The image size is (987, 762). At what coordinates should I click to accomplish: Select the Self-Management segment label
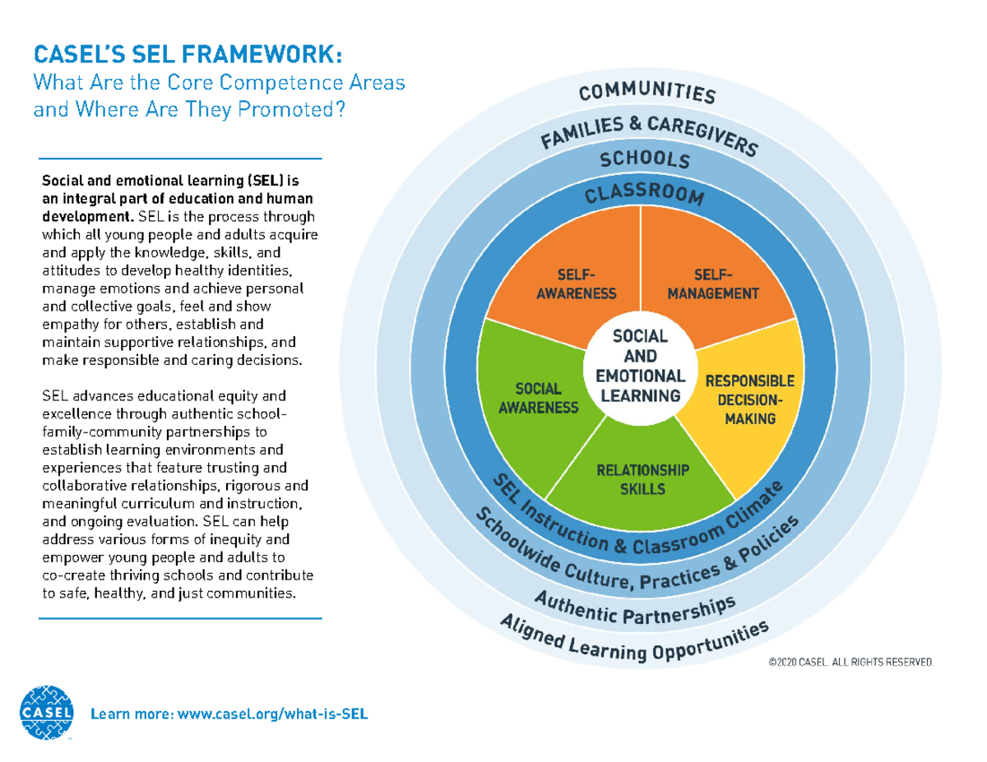pos(712,284)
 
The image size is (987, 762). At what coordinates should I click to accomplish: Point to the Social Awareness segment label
pos(539,397)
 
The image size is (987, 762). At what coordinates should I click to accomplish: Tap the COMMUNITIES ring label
pos(646,91)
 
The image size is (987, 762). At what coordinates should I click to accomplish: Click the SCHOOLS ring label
pos(644,159)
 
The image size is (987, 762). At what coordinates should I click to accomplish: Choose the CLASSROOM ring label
pos(644,195)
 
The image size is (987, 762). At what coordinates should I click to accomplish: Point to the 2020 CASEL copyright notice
pos(850,662)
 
